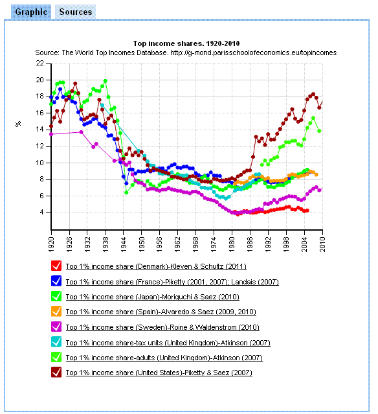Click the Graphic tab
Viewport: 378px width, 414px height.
click(x=31, y=12)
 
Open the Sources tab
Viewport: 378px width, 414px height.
click(x=76, y=12)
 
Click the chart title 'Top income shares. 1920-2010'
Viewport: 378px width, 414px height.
click(x=186, y=43)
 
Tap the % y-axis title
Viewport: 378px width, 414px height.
click(x=18, y=124)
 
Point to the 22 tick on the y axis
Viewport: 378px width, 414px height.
click(x=40, y=63)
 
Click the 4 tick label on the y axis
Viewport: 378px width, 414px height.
click(x=42, y=213)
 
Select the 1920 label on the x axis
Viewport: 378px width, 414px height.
click(x=51, y=244)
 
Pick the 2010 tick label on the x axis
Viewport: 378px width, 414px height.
click(x=322, y=244)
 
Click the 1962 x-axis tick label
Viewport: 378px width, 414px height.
click(x=178, y=244)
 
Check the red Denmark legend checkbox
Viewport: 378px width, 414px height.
click(x=56, y=266)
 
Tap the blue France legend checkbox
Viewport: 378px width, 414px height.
click(x=56, y=281)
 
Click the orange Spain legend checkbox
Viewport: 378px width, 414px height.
click(x=56, y=312)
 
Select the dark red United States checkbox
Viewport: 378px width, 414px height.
click(x=56, y=373)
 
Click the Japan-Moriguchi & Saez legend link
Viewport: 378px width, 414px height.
click(x=153, y=297)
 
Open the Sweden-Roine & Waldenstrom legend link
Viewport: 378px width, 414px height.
click(x=162, y=327)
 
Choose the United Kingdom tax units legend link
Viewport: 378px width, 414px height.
click(x=168, y=343)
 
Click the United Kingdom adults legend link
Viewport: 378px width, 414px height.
click(x=164, y=358)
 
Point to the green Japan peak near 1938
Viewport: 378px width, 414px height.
click(x=106, y=81)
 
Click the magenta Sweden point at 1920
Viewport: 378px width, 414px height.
click(x=51, y=134)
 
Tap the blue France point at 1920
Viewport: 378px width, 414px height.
click(x=51, y=97)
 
